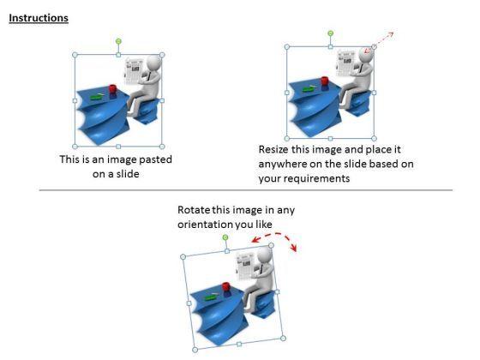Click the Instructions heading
39,18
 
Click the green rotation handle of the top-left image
119,40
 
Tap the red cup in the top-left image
111,90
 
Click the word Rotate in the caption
194,209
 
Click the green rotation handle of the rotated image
225,237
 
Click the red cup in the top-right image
326,81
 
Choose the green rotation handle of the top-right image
330,33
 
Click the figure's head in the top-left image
153,63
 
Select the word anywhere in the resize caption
282,164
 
